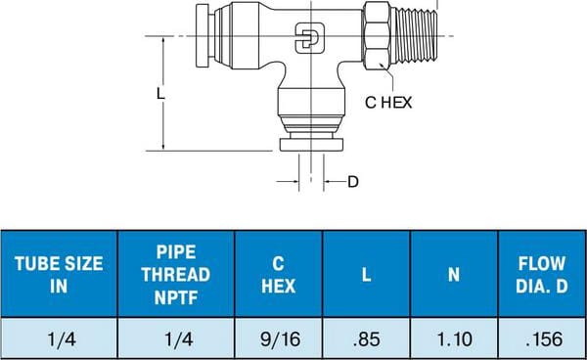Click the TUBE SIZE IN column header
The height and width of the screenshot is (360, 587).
tap(59, 274)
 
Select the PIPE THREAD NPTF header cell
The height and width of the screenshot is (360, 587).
tap(176, 274)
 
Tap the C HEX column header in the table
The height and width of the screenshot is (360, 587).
tap(278, 274)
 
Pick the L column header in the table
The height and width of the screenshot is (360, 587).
tap(367, 274)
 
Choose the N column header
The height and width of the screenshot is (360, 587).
tap(454, 274)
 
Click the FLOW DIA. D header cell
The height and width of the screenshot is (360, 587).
tap(542, 274)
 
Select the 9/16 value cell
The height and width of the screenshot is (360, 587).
tap(280, 339)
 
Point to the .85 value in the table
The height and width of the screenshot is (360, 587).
tap(367, 339)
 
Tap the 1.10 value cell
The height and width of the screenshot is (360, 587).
tap(455, 339)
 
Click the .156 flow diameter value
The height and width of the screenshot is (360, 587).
tap(544, 339)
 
